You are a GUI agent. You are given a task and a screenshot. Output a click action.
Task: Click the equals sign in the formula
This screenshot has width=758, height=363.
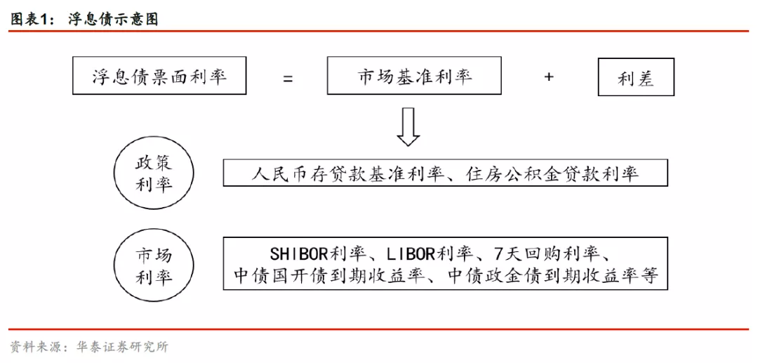tap(288, 79)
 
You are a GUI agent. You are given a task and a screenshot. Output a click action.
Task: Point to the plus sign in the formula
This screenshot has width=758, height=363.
tap(549, 77)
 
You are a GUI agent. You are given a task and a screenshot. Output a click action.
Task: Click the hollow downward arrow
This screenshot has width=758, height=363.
tap(408, 126)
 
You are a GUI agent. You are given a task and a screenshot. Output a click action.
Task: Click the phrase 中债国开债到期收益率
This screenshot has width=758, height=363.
tap(328, 275)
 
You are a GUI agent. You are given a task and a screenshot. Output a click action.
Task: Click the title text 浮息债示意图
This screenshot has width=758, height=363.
tap(114, 20)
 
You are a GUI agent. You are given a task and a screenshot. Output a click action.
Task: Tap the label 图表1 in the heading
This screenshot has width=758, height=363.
tap(29, 20)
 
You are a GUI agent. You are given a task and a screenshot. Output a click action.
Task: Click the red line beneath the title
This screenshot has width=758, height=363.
tap(378, 32)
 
